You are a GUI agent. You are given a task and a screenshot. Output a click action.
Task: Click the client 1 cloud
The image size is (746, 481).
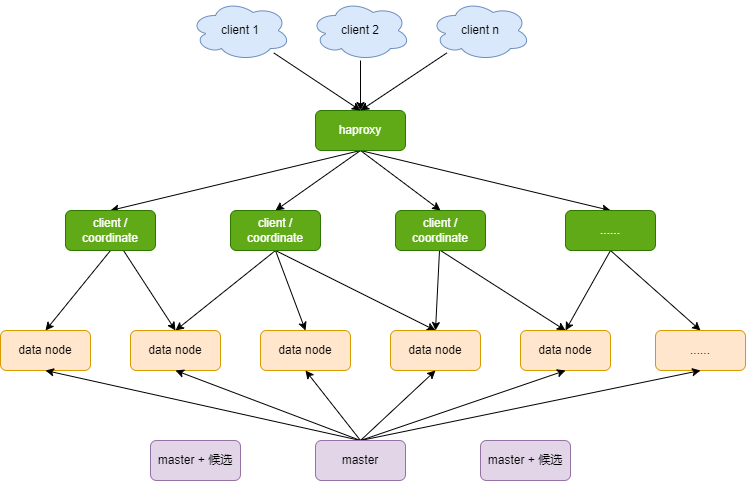tap(241, 31)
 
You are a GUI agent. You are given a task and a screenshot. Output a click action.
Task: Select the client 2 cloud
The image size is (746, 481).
tap(361, 31)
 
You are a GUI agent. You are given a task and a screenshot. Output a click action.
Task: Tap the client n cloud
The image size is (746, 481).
tap(481, 31)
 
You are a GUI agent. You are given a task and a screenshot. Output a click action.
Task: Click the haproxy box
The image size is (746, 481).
tap(360, 130)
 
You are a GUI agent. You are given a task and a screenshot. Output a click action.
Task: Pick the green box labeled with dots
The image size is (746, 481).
tap(610, 230)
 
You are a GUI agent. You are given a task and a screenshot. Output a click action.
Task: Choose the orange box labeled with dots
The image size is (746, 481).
tap(700, 350)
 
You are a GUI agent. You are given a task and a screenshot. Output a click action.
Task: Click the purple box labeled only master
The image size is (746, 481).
tap(360, 460)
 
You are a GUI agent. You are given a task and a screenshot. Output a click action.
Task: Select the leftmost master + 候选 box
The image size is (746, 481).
tap(195, 460)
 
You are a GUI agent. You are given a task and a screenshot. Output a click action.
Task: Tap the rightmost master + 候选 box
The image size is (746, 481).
tap(525, 460)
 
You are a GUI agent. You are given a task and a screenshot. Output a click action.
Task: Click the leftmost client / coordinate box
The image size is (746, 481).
tap(110, 230)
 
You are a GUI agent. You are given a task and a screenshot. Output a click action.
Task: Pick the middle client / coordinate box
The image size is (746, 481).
tap(275, 230)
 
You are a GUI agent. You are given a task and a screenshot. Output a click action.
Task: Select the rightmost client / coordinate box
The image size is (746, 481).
tap(440, 230)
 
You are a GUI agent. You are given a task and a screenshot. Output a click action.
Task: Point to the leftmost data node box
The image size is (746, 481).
tap(45, 350)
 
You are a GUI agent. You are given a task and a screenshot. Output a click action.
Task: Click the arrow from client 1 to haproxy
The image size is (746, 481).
tap(316, 81)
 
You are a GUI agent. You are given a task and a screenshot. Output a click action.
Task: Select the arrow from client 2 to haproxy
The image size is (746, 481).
tap(361, 85)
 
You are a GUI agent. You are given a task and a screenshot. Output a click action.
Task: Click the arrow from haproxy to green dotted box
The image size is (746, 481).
tap(485, 180)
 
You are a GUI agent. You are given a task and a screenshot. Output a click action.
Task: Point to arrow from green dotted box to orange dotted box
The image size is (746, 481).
tap(655, 290)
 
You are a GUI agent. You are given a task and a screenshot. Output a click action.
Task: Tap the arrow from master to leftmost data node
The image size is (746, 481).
tap(203, 405)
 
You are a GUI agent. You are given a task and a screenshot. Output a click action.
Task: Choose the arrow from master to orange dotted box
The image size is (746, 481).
tap(530, 405)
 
